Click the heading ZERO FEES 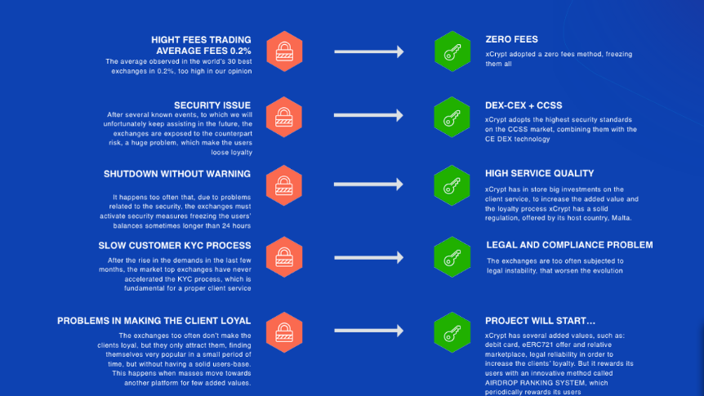511,39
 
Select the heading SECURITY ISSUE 212,105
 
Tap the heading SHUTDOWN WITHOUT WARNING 177,174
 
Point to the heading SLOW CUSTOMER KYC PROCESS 175,246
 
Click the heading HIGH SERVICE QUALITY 539,174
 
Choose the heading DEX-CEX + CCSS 524,105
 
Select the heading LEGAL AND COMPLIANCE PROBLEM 569,245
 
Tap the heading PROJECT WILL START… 540,321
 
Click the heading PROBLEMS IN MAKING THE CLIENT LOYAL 154,321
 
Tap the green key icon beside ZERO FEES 452,51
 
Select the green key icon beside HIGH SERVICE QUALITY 452,185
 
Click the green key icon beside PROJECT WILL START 452,332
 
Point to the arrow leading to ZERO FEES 368,51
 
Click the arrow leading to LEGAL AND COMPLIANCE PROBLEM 368,257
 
